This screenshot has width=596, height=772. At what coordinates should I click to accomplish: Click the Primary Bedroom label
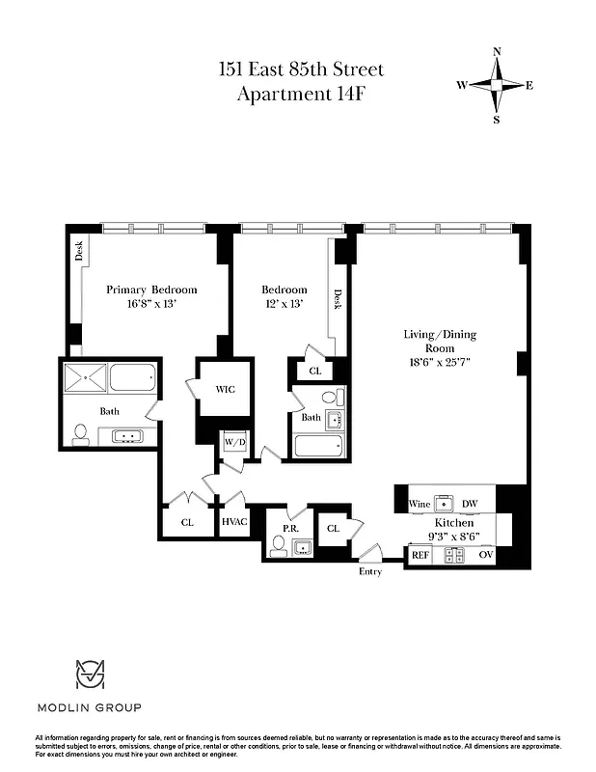click(x=151, y=289)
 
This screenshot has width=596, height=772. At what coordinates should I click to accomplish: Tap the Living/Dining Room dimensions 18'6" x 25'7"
click(x=440, y=363)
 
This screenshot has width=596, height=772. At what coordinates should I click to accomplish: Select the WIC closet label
click(x=226, y=390)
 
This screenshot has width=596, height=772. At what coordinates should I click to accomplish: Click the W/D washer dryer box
click(x=234, y=443)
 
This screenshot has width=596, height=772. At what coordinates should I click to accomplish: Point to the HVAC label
click(x=234, y=522)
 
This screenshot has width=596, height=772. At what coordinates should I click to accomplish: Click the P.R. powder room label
click(x=288, y=529)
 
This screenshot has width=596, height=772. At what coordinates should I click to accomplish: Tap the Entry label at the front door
click(x=369, y=572)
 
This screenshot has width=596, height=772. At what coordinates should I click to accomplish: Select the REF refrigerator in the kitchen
click(x=420, y=555)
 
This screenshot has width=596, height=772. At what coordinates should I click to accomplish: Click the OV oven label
click(x=485, y=555)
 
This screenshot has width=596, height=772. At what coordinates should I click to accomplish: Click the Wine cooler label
click(x=419, y=504)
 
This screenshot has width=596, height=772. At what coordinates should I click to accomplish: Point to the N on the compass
click(x=497, y=52)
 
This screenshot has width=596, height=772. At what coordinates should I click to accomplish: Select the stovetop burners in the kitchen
click(x=453, y=555)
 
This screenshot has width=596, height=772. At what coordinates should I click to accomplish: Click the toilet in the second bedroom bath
click(x=330, y=397)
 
